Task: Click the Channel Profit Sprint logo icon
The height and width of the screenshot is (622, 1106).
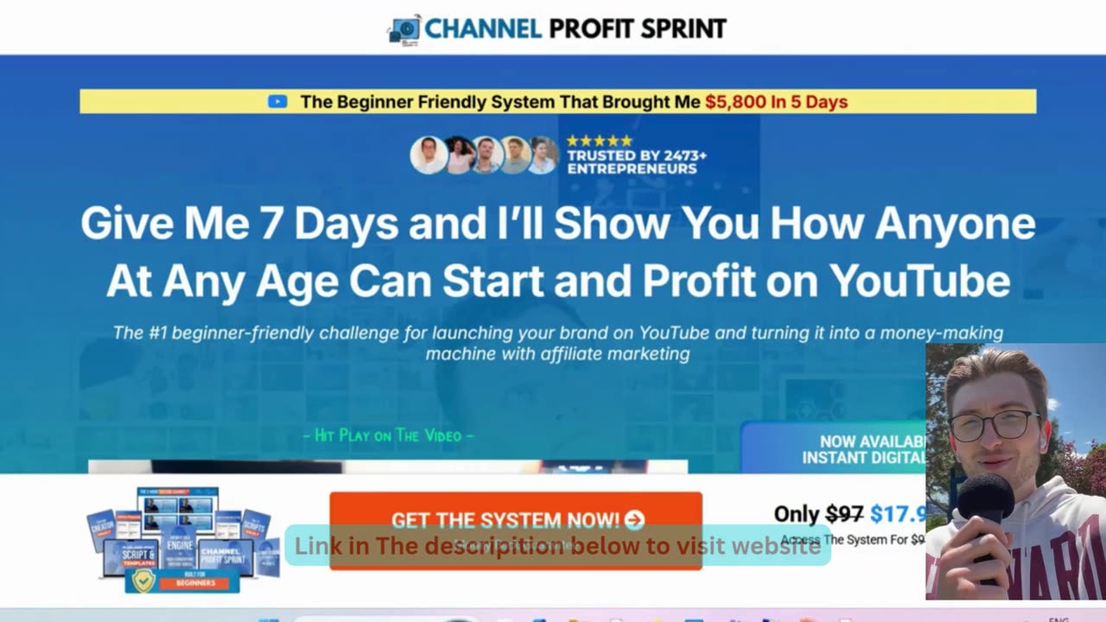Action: [x=404, y=29]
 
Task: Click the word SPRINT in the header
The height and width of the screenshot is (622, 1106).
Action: [x=683, y=29]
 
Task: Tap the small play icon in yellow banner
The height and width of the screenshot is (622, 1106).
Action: [x=277, y=102]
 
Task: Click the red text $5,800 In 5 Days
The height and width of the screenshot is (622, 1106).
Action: [x=776, y=102]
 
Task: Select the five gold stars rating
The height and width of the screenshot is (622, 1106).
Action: [x=599, y=141]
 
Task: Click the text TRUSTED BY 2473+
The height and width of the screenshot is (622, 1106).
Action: [x=636, y=155]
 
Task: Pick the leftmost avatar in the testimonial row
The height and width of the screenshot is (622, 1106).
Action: [x=428, y=155]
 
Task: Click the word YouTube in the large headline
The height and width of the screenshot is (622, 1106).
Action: [x=919, y=280]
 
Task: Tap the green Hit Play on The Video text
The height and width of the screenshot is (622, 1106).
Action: [x=388, y=435]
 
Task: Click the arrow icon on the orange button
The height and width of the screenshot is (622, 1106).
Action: [x=634, y=519]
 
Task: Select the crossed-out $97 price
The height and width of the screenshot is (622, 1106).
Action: [x=844, y=514]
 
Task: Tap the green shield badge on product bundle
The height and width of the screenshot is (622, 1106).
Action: [x=144, y=581]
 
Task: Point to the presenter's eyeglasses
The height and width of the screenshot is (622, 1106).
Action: [x=994, y=424]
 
